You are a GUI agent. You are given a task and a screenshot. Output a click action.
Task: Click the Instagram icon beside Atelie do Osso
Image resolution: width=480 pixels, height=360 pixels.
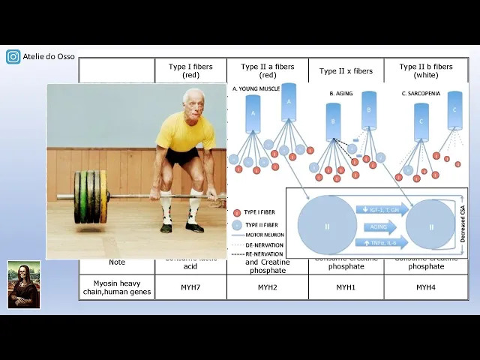pos(13,56)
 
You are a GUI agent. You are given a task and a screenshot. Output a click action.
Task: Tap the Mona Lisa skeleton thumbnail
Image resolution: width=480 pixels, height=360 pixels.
pos(24,284)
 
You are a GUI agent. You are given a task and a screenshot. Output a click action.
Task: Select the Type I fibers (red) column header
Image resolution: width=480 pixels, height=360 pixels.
pos(190,70)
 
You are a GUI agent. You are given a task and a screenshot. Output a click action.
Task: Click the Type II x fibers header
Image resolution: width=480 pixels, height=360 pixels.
pos(346,71)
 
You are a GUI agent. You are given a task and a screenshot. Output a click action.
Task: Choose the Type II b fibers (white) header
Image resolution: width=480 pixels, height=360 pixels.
pos(426,70)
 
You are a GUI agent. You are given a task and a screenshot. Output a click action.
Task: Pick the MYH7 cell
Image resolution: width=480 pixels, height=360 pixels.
pos(190,287)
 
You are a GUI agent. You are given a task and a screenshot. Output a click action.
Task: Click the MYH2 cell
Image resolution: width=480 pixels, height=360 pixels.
pos(268,287)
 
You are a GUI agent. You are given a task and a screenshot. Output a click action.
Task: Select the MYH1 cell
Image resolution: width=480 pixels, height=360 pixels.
pos(346,287)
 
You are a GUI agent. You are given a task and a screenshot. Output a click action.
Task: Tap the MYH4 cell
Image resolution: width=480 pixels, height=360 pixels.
pos(426,287)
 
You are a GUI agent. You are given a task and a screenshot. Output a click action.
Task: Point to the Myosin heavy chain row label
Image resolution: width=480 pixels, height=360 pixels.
pos(117,286)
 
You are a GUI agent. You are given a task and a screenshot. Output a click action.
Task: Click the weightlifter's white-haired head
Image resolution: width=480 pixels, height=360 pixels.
pos(193,100)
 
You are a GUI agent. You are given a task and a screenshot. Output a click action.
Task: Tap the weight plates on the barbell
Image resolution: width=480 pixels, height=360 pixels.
pos(91,197)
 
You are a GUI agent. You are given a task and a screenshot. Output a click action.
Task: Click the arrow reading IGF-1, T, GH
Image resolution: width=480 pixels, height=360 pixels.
pos(382,209)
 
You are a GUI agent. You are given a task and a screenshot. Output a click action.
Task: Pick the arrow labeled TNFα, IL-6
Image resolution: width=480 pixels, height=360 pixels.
pos(380,241)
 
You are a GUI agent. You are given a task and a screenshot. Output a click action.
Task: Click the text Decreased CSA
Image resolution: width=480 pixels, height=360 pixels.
pos(462,223)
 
